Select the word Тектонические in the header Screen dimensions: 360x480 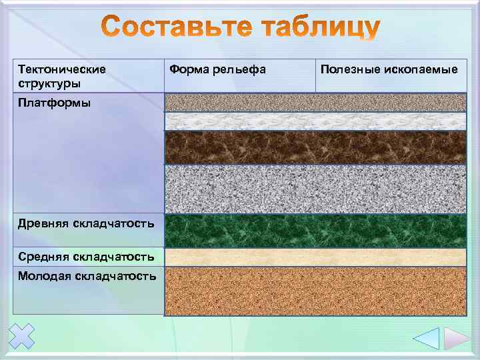[62, 69]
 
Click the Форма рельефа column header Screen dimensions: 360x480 [218, 69]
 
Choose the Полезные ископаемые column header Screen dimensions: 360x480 [389, 69]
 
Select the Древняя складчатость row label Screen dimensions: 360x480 [86, 223]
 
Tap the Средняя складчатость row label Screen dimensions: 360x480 [86, 257]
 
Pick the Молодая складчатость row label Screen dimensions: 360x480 [87, 275]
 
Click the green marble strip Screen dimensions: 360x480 [315, 231]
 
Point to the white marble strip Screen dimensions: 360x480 [315, 121]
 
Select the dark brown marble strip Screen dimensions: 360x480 [315, 147]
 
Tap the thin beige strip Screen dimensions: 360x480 [315, 257]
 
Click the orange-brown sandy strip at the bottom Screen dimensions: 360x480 [315, 291]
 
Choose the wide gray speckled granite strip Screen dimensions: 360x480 [315, 189]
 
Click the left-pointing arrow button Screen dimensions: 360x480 [426, 338]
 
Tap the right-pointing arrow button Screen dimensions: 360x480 [457, 338]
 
